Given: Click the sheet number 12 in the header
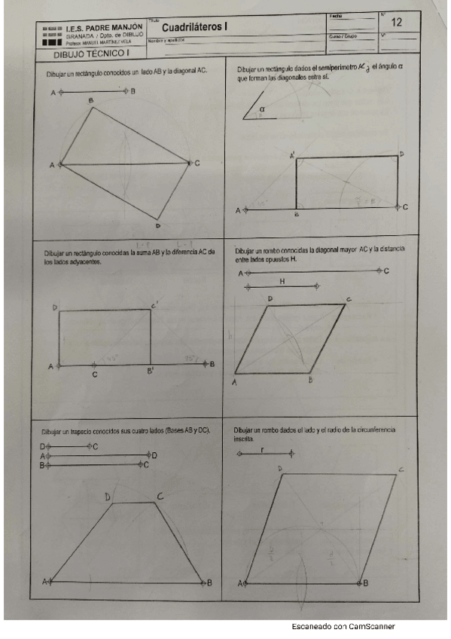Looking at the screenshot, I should click(396, 23).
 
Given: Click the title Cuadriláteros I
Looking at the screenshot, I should click(195, 28).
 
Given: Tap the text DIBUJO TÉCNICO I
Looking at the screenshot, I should click(92, 54).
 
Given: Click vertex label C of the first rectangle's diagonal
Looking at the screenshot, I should click(197, 164).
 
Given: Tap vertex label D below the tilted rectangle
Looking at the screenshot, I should click(158, 225).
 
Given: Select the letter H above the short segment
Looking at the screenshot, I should click(282, 280).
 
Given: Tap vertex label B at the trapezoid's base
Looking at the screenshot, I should click(209, 582).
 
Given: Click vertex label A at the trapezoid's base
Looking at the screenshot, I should click(44, 582).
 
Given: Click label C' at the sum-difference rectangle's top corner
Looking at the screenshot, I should click(154, 304).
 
